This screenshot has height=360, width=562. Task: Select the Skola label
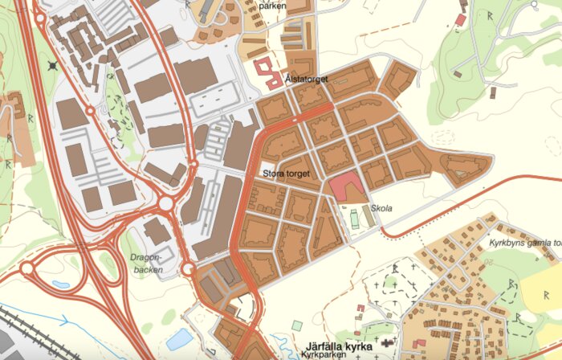point(381,208)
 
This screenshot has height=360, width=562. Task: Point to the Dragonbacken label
point(145,264)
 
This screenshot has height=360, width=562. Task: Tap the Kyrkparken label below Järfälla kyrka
point(327,355)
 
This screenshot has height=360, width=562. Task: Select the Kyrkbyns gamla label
point(522,241)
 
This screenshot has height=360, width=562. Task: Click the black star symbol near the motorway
point(53,65)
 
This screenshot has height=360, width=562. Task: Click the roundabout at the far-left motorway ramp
point(26,267)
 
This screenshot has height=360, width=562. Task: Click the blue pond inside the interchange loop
point(60,284)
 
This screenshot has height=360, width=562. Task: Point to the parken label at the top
point(272,5)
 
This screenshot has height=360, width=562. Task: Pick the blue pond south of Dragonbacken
point(180,337)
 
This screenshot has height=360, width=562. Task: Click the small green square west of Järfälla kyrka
point(297,325)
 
